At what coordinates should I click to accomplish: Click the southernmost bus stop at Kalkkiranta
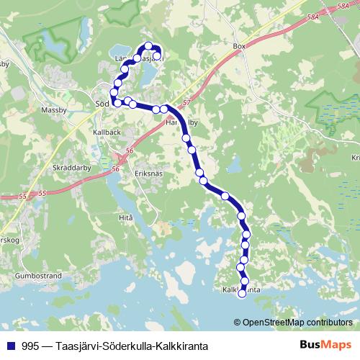coord(242,293)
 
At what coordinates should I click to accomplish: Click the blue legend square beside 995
coord(11,343)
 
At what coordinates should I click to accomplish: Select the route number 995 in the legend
coord(30,343)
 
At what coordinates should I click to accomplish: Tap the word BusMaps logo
coord(325,343)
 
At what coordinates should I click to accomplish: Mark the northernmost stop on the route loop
coord(148,46)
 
